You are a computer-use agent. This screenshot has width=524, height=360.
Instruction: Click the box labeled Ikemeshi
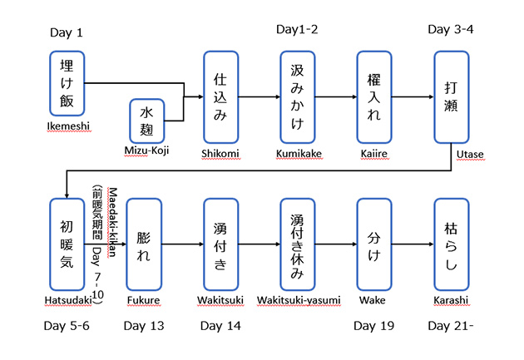click(x=67, y=83)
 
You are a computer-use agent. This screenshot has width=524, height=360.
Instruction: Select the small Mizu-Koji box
click(x=147, y=120)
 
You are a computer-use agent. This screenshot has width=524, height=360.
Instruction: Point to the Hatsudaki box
click(x=67, y=244)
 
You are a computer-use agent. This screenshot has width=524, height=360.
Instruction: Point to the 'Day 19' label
click(x=373, y=326)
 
